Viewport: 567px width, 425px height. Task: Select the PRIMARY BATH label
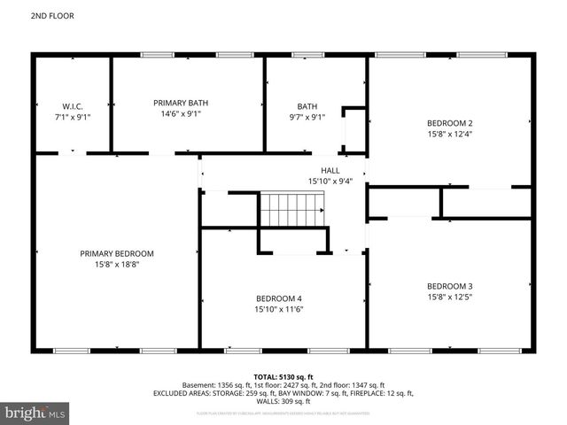pos(181,103)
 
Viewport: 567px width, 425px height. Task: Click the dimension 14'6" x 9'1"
pos(181,114)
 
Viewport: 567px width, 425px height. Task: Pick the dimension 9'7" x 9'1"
pos(307,115)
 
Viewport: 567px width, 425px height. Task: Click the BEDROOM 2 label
pos(450,123)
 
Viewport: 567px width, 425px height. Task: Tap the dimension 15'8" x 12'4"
pos(450,135)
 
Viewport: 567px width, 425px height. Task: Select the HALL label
pos(330,170)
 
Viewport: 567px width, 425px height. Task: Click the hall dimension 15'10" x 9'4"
pos(330,182)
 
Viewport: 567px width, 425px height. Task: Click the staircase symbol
pos(291,211)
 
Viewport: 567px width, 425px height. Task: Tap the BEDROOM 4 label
pos(279,298)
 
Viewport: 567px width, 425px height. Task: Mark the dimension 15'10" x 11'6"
pos(279,310)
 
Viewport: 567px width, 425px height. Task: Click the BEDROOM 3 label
pos(450,286)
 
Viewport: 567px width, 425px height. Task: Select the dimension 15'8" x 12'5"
pos(450,298)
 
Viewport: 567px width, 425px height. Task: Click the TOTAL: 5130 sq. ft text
pos(283,376)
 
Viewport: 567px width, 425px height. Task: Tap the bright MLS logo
pos(35,413)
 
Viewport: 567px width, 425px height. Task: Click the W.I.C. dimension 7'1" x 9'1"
pos(72,115)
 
